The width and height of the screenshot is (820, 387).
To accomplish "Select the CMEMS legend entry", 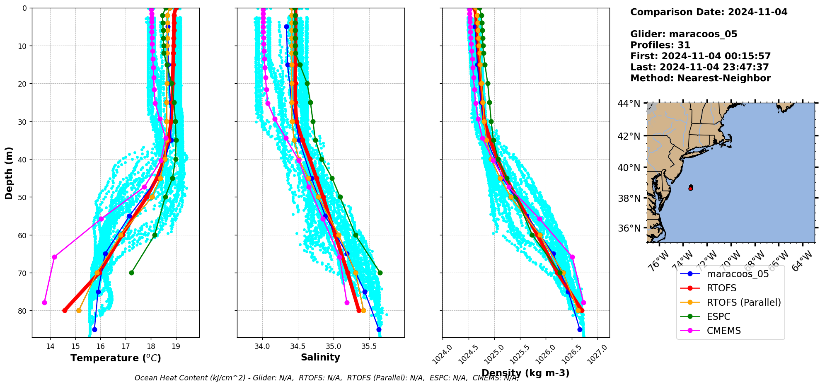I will (723, 331).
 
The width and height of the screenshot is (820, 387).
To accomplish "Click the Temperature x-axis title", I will (116, 358).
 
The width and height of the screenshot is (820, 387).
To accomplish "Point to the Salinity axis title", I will (320, 358).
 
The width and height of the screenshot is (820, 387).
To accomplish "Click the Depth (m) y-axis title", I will (9, 173).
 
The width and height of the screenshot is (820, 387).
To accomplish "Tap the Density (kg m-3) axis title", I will (525, 373).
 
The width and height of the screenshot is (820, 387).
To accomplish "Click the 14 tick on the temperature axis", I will (50, 346).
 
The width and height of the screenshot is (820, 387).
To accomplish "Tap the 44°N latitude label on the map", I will (629, 104).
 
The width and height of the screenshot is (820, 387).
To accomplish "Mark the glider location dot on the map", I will (691, 188).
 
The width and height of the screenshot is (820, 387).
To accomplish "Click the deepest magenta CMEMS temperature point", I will (44, 302).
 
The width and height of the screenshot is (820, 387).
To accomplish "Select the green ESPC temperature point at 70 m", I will (131, 273).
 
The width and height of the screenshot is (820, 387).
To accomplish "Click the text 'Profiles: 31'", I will (660, 45).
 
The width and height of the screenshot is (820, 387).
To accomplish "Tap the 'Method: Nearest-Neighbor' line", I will (700, 78).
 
